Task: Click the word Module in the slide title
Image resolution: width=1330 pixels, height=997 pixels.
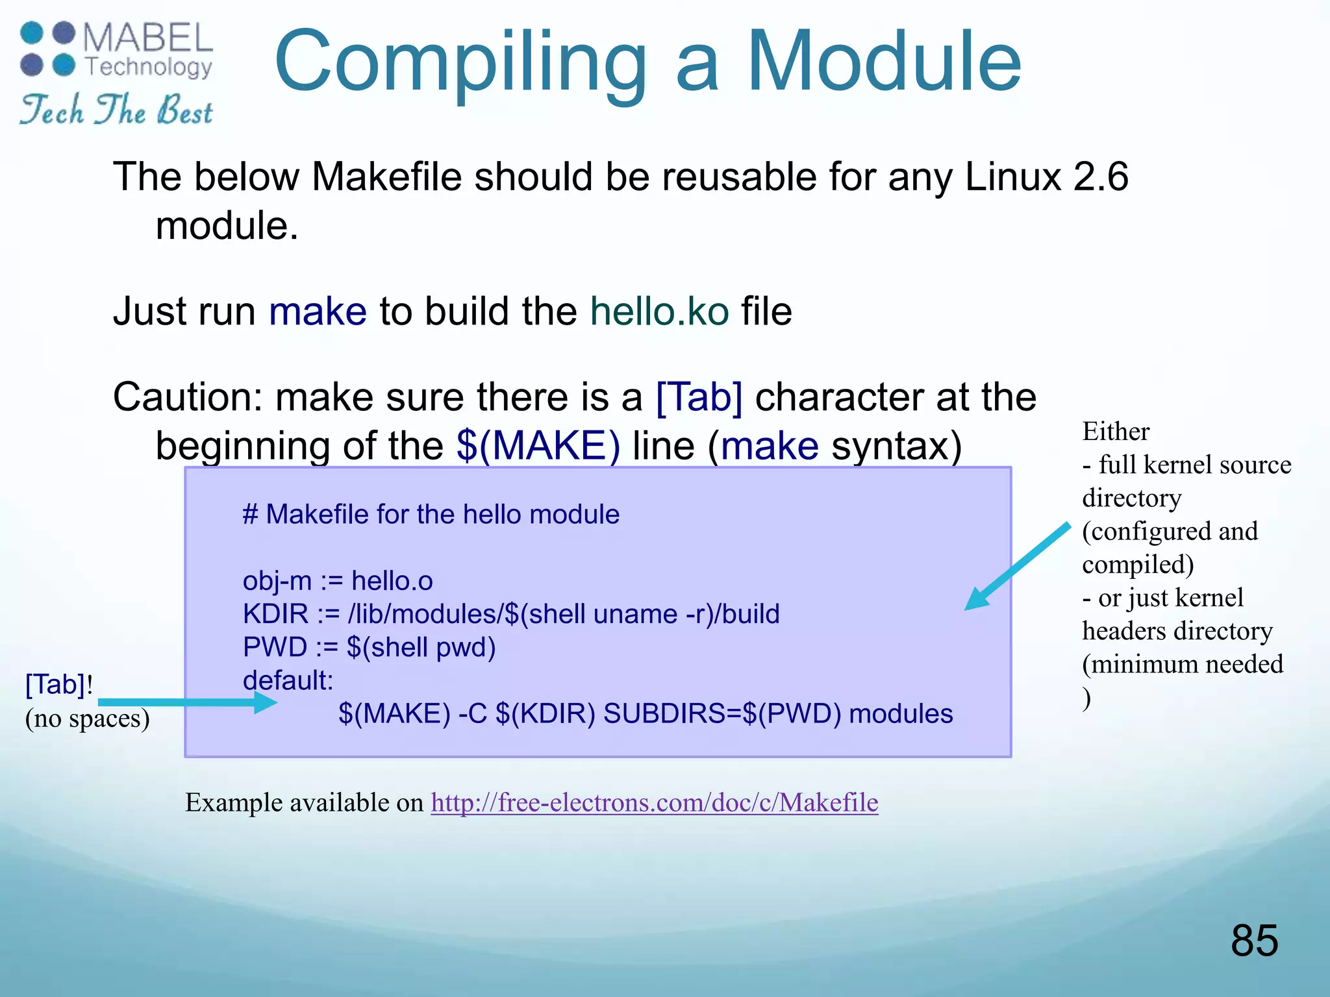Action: tap(885, 63)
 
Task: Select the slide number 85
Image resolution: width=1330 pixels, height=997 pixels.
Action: tap(1254, 940)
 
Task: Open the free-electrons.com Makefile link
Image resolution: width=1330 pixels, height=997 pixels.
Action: tap(654, 803)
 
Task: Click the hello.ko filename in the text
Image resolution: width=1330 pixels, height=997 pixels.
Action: tap(659, 311)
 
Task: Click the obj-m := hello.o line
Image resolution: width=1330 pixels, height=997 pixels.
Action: tap(338, 580)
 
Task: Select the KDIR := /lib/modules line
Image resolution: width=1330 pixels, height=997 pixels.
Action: tap(510, 613)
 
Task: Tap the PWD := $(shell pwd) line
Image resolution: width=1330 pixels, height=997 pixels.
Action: tap(369, 647)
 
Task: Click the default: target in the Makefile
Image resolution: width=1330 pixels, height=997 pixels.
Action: tap(288, 680)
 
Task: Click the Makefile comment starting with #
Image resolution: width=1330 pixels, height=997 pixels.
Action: tap(431, 514)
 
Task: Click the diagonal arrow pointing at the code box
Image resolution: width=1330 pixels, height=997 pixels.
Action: tap(1016, 566)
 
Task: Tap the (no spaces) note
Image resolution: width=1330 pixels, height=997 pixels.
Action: tap(87, 719)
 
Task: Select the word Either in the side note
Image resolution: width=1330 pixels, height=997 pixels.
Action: tap(1116, 432)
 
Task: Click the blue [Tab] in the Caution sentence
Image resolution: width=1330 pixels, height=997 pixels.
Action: tap(699, 397)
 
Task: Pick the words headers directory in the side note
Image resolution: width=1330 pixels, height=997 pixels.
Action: tap(1177, 631)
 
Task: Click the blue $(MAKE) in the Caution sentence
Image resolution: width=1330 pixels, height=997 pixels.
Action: tap(538, 446)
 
